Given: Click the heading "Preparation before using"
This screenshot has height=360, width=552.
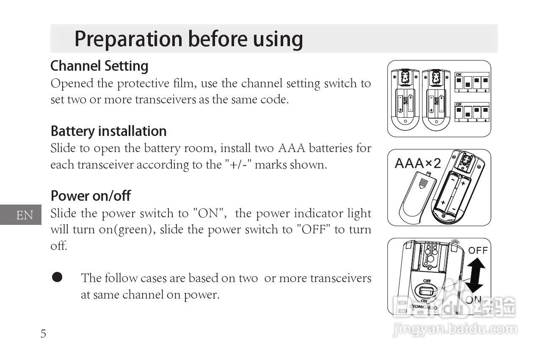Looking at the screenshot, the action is pos(188,39).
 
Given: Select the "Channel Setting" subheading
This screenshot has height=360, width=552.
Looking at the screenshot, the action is pos(99,66).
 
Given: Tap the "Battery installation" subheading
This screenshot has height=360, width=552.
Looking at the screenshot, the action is pos(108,131).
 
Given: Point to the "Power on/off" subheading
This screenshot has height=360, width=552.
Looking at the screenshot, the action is pos(91,196).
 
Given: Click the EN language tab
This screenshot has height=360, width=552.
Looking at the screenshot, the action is pos(24,215).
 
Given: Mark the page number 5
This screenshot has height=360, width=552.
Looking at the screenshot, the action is pos(43,334).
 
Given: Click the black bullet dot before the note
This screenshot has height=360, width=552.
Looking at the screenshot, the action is pos(57,277).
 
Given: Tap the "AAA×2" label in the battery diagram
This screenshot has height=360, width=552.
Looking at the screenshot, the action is pos(417,163).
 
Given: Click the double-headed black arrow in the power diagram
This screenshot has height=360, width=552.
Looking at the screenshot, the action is pos(475,275).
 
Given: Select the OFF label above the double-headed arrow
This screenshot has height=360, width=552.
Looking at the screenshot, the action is pos(478,250).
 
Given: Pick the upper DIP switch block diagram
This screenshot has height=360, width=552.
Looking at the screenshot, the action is pos(472,83).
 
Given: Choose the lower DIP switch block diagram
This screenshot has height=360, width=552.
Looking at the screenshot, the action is pos(472,112).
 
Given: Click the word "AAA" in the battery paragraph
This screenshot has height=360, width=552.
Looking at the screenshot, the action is pos(291,148).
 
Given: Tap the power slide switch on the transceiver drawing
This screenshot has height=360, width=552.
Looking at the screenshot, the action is pos(426,291).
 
